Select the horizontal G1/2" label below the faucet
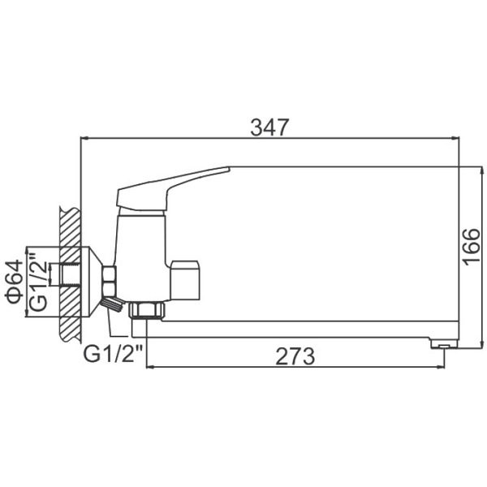(x=114, y=353)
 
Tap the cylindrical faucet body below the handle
(x=142, y=252)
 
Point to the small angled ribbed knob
(x=113, y=305)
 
